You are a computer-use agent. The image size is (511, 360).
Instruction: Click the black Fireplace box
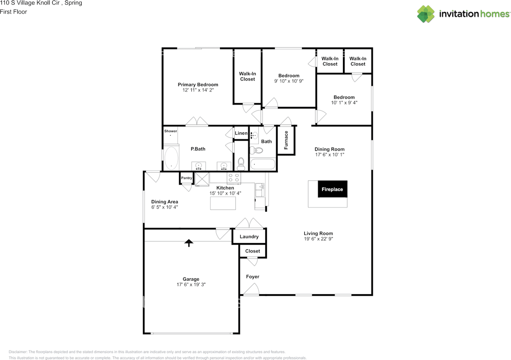[x=333, y=189]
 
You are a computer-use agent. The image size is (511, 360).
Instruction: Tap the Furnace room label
[x=286, y=140]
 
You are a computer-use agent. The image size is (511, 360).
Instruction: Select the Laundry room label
[x=249, y=237]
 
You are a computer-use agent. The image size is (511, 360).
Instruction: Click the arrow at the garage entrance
[x=188, y=242]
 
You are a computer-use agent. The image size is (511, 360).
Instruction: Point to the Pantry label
[x=186, y=178]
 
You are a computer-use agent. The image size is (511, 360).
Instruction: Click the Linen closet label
[x=241, y=133]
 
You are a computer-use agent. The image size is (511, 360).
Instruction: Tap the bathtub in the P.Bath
[x=172, y=159]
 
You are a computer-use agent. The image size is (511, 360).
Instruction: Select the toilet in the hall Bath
[x=256, y=151]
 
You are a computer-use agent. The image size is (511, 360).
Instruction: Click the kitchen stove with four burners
[x=233, y=178]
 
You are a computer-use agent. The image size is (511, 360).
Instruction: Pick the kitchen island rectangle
[x=223, y=203]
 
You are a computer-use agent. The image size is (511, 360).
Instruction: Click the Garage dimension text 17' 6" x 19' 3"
[x=191, y=285]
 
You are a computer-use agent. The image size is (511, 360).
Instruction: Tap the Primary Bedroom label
[x=198, y=84]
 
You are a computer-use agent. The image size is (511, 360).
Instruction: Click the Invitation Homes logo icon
[x=426, y=14]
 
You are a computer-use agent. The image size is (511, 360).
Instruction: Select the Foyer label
[x=252, y=276]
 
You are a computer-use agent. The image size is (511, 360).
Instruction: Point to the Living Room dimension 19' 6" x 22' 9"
[x=318, y=239]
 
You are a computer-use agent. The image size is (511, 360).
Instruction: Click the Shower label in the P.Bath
[x=170, y=131]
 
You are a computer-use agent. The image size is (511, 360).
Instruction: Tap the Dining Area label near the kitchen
[x=164, y=202]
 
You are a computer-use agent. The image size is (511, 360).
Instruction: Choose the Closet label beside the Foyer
[x=252, y=251]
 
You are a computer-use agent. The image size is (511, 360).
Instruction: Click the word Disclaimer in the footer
[x=18, y=352]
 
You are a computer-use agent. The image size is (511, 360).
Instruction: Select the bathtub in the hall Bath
[x=262, y=164]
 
